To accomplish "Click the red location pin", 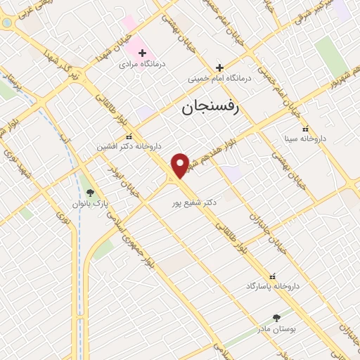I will pos(181,165).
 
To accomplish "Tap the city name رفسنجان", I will pos(210,108).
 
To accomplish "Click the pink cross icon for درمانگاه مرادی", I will pos(142,53).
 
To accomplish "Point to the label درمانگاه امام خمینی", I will pos(219,79).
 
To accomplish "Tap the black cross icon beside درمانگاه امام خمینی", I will pos(219,68).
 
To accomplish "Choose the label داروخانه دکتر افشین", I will pos(129,147).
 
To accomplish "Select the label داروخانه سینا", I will pos(304,139).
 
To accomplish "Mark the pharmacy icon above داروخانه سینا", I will pos(304,129).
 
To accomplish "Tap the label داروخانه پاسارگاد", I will pos(273,286).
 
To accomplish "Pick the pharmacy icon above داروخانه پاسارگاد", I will pos(273,276).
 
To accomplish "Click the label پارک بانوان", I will pos(89,203).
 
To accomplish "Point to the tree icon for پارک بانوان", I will pos(89,192).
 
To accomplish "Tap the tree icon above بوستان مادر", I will pos(276,318).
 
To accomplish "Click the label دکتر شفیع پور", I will pos(194,202).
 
